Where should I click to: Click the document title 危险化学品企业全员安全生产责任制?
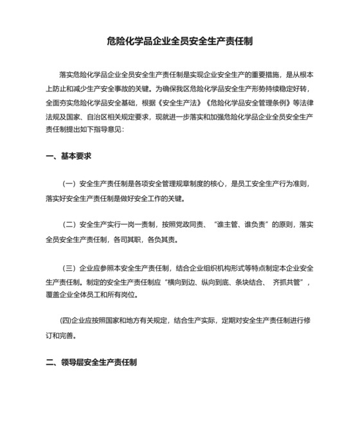(x=179, y=42)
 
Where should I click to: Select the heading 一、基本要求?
(x=69, y=156)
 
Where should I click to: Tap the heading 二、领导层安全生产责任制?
(x=91, y=362)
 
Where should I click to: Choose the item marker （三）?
(x=68, y=267)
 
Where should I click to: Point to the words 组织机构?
(x=210, y=267)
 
